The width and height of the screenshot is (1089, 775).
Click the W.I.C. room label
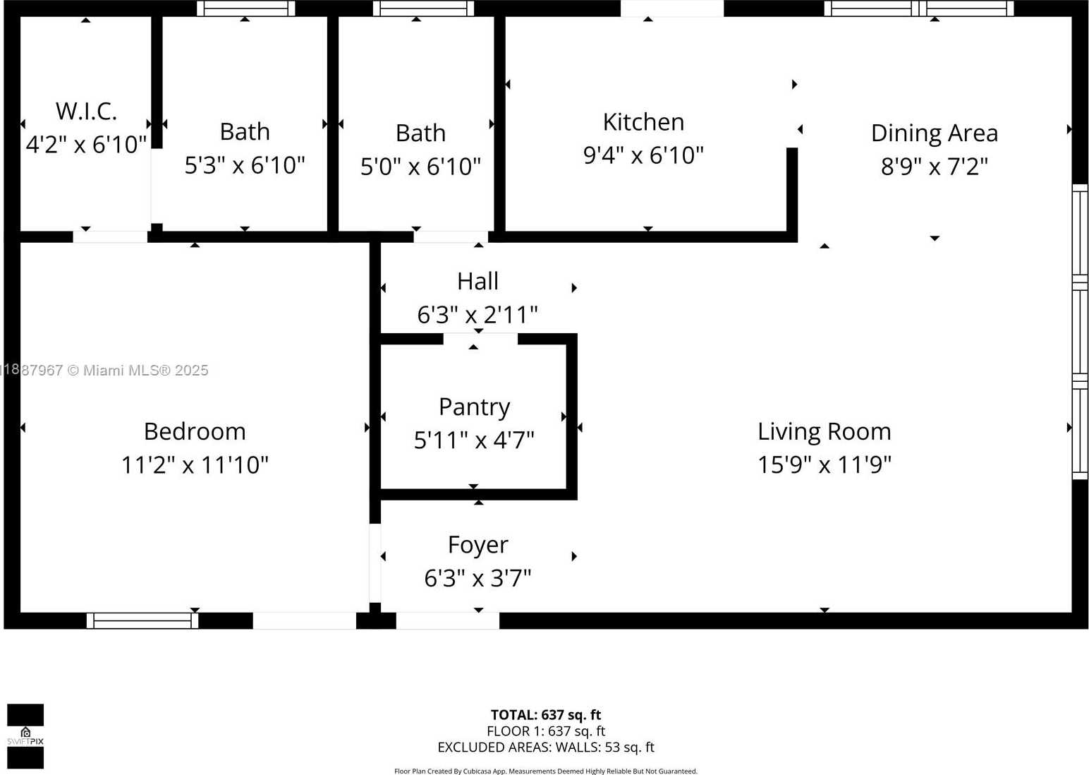coord(86,111)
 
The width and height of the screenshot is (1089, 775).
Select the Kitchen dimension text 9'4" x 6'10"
coord(643,155)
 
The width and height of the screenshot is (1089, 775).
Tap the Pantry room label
coord(474,407)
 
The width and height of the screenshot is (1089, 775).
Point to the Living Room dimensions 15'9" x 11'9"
coord(824,465)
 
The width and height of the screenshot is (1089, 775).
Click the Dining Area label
coord(934,133)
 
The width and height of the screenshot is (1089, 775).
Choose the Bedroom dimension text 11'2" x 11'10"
coord(195,465)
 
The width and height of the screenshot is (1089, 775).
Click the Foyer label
coord(477,545)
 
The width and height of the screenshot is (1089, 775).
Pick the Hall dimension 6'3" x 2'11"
coord(477,315)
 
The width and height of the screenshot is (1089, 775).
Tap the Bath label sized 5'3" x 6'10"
coord(245,132)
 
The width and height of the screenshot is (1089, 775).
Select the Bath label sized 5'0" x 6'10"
coord(420,133)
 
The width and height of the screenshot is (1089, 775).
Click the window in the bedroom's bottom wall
coord(142,620)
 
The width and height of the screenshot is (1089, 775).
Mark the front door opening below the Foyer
coord(447,620)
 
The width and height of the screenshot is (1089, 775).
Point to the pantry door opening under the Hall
coord(480,339)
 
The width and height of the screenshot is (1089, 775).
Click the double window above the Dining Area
coord(918,8)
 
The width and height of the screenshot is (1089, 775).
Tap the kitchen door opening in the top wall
coord(671,8)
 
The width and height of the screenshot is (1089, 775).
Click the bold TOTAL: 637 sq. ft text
coord(545,715)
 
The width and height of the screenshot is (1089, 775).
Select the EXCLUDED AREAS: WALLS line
coord(545,747)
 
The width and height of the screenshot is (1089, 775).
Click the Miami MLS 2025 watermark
coord(106,371)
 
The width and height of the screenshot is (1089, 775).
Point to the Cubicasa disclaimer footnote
coord(545,771)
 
